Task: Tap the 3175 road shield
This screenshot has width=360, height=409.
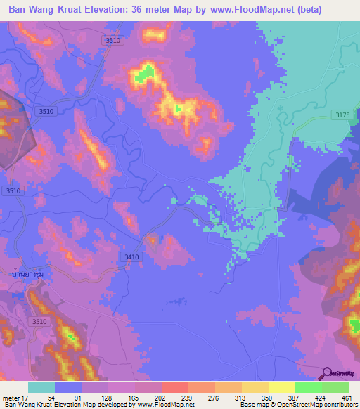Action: click(x=341, y=115)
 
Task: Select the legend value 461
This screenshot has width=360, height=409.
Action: click(x=347, y=397)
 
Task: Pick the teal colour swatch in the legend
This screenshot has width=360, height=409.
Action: click(x=41, y=387)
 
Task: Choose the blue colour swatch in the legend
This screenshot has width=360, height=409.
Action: click(x=68, y=387)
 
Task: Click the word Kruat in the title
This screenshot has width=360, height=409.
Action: click(x=70, y=10)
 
